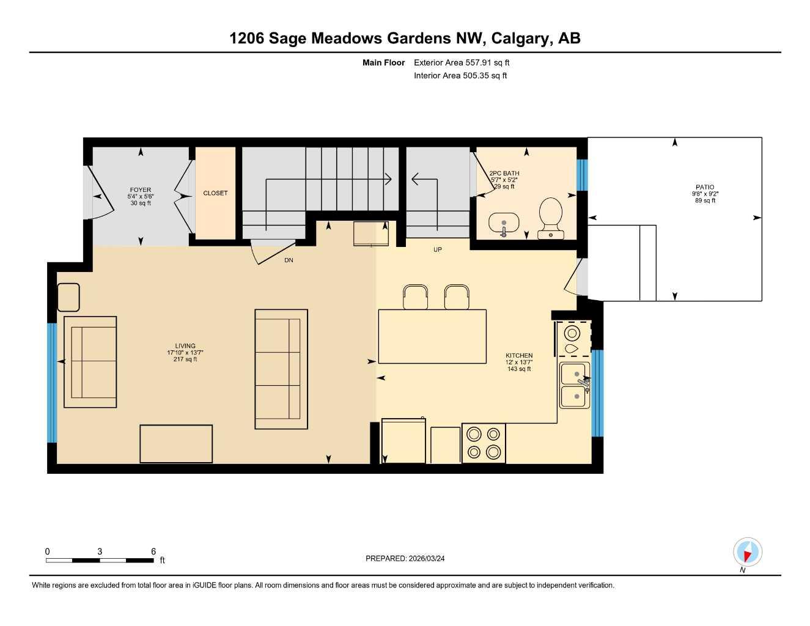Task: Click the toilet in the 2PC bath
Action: point(551,217)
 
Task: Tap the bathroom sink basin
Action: point(504,223)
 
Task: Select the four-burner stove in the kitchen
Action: point(484,443)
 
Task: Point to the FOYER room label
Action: point(141,190)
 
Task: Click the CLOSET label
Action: point(215,193)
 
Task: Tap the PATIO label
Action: point(705,188)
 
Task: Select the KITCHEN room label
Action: point(519,356)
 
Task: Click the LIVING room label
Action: point(185,346)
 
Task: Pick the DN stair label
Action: point(289,260)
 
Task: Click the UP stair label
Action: point(438,250)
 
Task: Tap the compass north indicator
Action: point(747,553)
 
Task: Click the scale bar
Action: point(101,560)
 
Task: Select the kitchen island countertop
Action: point(432,336)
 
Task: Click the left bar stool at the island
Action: point(416,297)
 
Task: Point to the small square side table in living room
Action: point(68,298)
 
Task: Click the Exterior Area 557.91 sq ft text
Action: point(462,62)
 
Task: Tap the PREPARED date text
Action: point(405,559)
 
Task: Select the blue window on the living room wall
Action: point(52,383)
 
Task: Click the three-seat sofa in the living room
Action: point(281,369)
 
